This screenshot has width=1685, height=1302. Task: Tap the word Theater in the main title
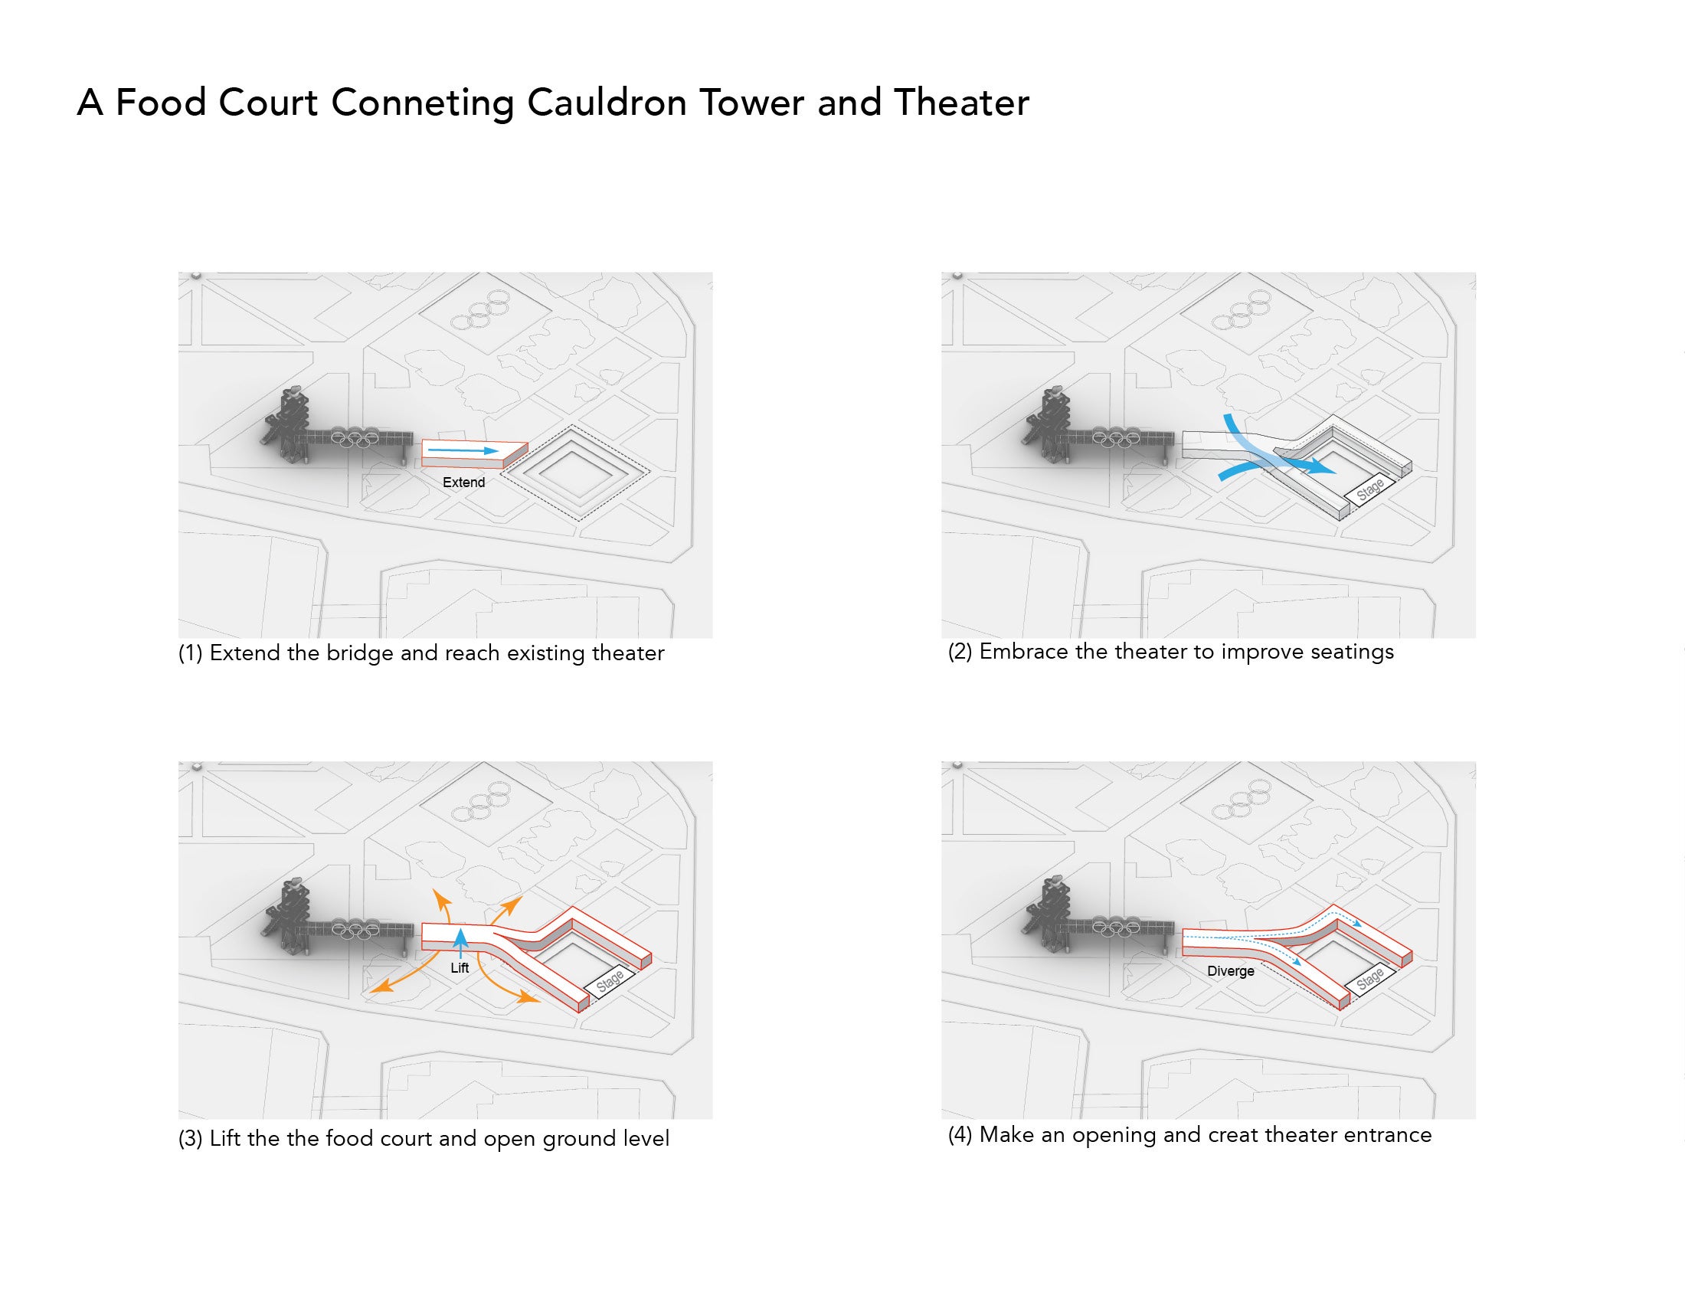click(x=961, y=103)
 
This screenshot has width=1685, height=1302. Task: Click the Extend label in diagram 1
click(x=463, y=483)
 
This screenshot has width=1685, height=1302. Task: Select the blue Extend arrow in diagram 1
click(x=463, y=450)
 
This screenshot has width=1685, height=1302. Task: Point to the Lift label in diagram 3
click(x=460, y=967)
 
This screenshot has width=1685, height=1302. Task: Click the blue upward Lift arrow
click(x=460, y=944)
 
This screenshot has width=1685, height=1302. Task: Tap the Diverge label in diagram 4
click(x=1231, y=971)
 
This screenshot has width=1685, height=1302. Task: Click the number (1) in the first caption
click(x=191, y=653)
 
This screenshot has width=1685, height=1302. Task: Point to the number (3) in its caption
click(x=191, y=1140)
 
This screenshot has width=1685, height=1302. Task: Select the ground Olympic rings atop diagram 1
click(x=479, y=311)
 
